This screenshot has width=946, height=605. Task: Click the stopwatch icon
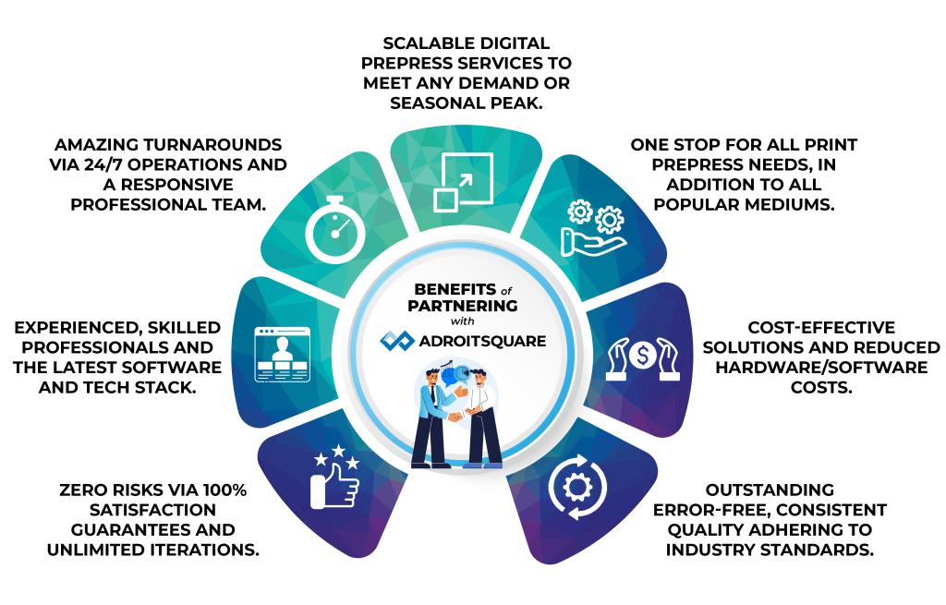(x=335, y=231)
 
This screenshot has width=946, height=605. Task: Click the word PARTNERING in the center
(x=465, y=305)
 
